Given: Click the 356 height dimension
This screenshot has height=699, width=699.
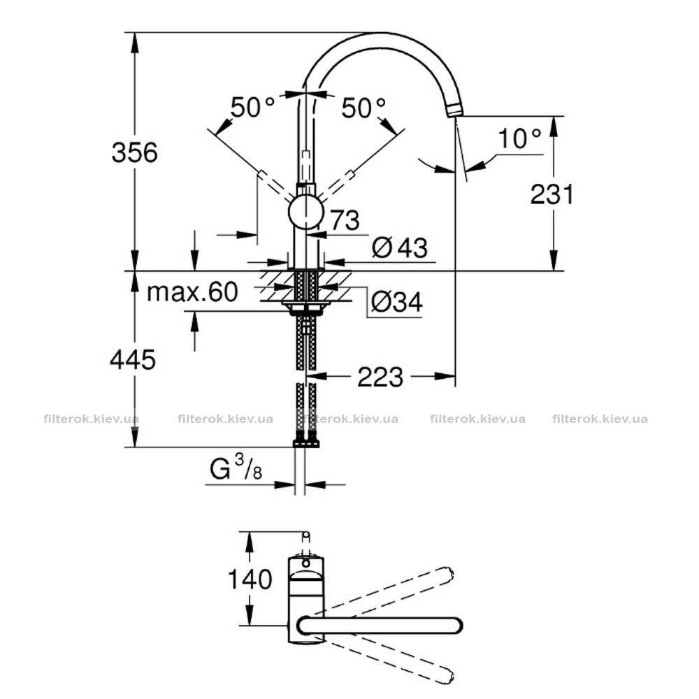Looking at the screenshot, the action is tap(135, 152).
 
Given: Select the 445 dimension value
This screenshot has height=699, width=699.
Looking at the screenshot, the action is tap(133, 359).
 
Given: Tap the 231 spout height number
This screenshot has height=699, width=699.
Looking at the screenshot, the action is tap(552, 194).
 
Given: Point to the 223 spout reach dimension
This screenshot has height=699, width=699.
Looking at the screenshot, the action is tap(380, 377).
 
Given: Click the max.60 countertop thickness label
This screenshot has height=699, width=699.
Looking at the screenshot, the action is tap(193, 292).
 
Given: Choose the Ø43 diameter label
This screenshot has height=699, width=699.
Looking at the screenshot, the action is tap(400, 247).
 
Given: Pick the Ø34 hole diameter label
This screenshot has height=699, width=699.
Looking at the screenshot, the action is tap(397, 302).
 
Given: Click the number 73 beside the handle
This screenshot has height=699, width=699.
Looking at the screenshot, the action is tap(344, 220).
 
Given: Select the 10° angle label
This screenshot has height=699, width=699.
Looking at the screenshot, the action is tap(519, 138).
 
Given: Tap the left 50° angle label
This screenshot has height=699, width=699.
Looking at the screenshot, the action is tap(252, 108).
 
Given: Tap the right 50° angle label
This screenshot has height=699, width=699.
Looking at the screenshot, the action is tap(363, 108).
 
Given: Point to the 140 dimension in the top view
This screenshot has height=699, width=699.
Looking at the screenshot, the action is tap(250, 579).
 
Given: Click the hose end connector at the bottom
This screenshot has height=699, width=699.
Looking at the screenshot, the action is tap(306, 442).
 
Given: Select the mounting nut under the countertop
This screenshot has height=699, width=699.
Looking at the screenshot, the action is tap(306, 308).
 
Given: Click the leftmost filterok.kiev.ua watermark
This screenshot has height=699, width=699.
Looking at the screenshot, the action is tap(92, 419).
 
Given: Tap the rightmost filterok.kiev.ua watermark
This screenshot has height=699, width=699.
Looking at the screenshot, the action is tap(600, 419).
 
